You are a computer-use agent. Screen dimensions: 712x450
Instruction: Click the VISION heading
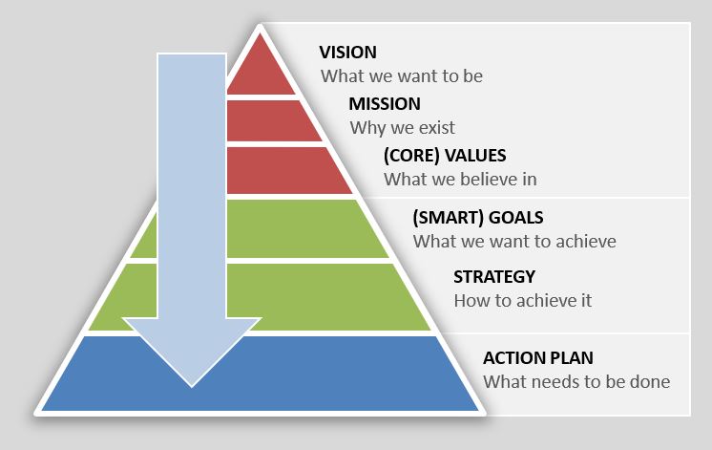(x=347, y=53)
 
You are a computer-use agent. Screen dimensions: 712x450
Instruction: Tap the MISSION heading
(x=385, y=104)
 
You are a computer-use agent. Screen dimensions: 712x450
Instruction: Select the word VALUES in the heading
(x=475, y=156)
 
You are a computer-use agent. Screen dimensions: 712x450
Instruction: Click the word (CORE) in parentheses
(x=412, y=156)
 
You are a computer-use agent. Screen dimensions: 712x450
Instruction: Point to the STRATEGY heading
(x=494, y=277)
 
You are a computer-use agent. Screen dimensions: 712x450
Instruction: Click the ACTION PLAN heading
(x=538, y=358)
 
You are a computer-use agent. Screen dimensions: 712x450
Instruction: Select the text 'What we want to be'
(x=402, y=75)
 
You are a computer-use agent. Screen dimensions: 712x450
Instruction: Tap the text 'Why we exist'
(x=403, y=128)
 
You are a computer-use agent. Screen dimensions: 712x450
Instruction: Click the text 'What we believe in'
(x=460, y=179)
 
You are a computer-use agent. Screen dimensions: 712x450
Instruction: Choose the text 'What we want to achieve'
(x=514, y=241)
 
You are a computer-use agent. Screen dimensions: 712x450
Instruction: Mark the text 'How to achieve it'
(x=523, y=300)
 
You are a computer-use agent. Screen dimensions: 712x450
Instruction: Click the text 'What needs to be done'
(x=576, y=382)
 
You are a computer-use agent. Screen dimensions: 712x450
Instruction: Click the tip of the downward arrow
(x=192, y=387)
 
